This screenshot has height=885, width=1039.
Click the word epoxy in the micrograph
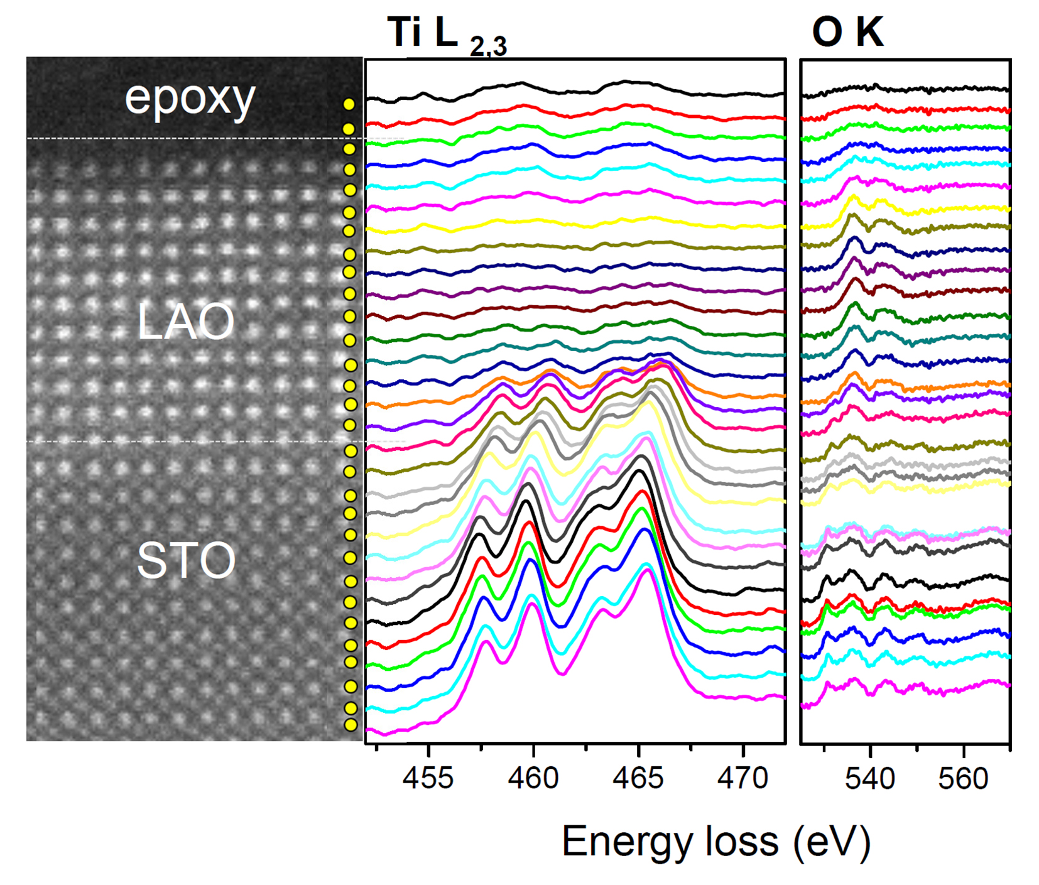pos(190,99)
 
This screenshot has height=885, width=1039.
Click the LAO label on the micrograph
pos(186,322)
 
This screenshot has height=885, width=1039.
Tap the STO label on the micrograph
pos(186,560)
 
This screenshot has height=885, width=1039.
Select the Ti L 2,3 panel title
pos(447,35)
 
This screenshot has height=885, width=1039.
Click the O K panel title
pos(847,32)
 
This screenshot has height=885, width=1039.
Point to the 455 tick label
pos(428,779)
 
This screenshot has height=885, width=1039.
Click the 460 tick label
pos(533,779)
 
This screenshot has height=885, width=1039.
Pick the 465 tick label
pos(638,779)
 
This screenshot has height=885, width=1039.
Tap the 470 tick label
pos(743,779)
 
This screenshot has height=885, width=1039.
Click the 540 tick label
pos(870,779)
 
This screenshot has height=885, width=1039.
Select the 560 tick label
pos(963,779)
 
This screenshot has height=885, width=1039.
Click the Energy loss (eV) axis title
pos(716,842)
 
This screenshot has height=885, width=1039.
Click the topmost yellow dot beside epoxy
pos(349,104)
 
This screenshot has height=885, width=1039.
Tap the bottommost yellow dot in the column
pos(351,725)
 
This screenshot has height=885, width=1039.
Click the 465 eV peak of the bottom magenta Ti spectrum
pos(646,570)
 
